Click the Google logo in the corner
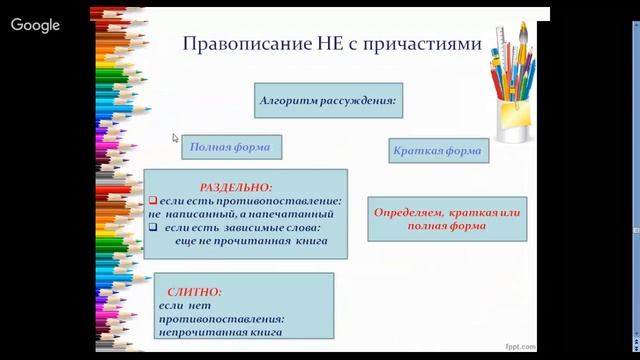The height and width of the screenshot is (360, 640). click(x=35, y=26)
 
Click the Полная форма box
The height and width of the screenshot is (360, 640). click(x=231, y=148)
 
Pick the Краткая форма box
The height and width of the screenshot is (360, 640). click(x=437, y=151)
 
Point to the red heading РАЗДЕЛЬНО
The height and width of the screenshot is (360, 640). click(x=236, y=187)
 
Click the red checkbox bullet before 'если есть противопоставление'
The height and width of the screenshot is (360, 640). click(x=154, y=200)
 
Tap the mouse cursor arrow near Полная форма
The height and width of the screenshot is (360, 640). click(x=175, y=139)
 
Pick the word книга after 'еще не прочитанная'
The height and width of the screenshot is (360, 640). click(x=308, y=240)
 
